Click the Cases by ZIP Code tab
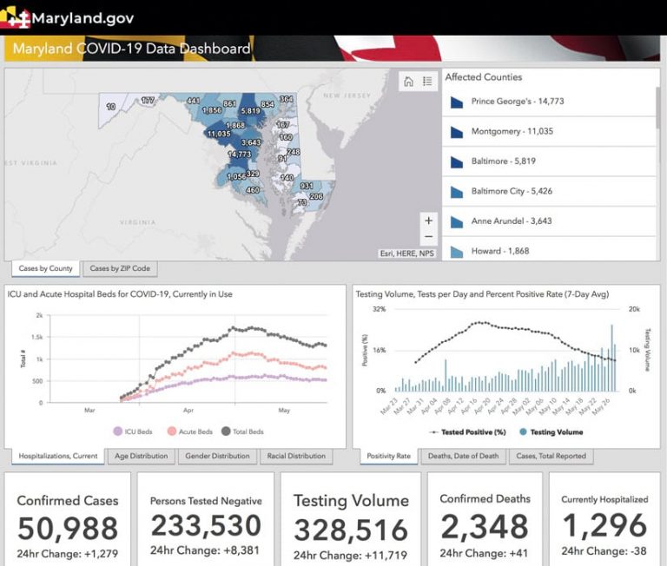click(x=120, y=268)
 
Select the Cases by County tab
click(x=45, y=268)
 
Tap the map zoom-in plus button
click(x=427, y=220)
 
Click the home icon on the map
click(x=408, y=82)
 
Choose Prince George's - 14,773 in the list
click(x=517, y=102)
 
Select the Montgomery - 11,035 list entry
click(x=512, y=132)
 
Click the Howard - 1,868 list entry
click(x=499, y=251)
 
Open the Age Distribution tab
click(x=141, y=456)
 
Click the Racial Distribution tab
click(x=295, y=456)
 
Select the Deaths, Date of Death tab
click(x=462, y=456)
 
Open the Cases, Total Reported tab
click(x=551, y=456)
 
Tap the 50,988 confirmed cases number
click(x=68, y=528)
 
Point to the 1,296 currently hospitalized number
click(x=604, y=525)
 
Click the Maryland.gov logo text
click(x=83, y=17)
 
